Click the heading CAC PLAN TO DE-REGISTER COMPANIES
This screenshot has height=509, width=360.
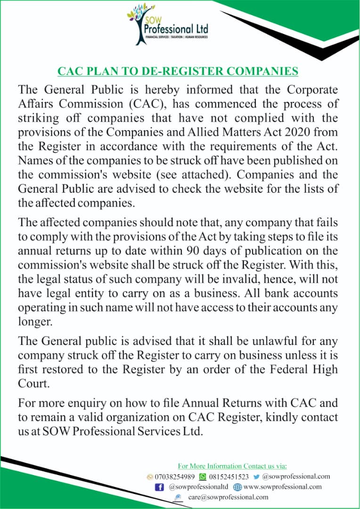point(178,71)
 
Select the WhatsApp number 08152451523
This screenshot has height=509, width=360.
point(229,476)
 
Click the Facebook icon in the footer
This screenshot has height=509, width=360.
point(159,487)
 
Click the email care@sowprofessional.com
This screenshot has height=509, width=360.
point(228,497)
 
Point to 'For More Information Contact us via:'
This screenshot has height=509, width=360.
point(232,466)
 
